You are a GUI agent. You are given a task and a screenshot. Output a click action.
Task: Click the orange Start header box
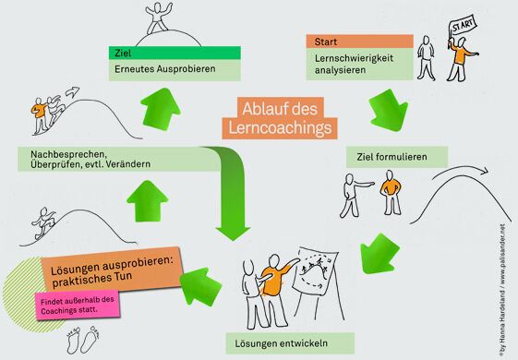(360, 42)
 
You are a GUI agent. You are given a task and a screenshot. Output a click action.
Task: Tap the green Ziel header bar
(175, 53)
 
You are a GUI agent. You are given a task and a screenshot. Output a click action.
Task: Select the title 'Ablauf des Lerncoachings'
(280, 118)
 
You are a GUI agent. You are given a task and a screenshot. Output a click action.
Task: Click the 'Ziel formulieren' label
(392, 157)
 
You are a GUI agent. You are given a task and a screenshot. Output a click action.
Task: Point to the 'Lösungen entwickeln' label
(282, 343)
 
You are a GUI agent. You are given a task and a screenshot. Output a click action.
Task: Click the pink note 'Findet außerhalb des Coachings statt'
(78, 306)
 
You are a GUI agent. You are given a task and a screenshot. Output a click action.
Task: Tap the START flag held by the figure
(463, 26)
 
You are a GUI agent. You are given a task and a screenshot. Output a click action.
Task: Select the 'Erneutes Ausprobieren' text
(165, 69)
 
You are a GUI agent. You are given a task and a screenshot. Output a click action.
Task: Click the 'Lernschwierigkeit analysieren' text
(354, 64)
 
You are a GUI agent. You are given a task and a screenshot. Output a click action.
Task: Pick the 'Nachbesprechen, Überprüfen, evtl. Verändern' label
(90, 159)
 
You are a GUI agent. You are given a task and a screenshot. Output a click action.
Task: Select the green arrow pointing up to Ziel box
(161, 109)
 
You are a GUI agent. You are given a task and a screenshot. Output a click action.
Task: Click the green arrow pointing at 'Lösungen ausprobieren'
(200, 285)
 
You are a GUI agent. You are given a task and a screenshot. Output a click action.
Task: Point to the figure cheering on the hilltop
(158, 18)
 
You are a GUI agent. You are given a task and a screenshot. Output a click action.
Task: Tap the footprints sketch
(83, 340)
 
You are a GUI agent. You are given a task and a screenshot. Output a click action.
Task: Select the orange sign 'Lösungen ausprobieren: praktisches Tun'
(112, 270)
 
